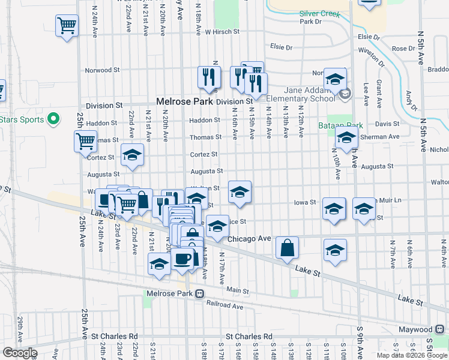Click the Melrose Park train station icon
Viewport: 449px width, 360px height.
click(x=199, y=294)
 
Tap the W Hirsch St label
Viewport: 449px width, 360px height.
click(x=222, y=31)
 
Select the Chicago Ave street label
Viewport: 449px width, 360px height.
click(x=249, y=239)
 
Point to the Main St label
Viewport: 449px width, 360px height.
click(x=237, y=290)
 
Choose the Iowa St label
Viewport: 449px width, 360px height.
click(x=304, y=203)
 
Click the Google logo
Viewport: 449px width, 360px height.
click(x=19, y=353)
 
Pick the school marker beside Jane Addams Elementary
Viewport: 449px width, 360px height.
click(x=335, y=79)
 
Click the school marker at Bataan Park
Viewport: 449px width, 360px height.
click(x=346, y=137)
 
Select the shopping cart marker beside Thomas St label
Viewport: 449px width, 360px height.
click(x=85, y=142)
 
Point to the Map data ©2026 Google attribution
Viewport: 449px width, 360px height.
click(x=412, y=355)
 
